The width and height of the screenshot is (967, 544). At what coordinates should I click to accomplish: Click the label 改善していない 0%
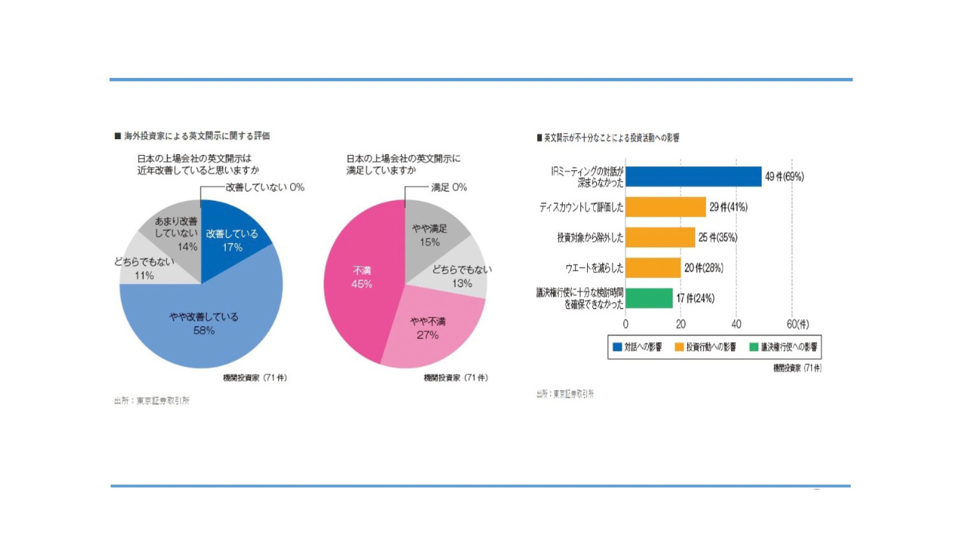tap(264, 187)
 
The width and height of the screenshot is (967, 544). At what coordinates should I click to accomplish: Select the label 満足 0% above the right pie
tap(449, 187)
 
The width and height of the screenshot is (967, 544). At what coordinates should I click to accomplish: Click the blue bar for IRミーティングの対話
tap(694, 177)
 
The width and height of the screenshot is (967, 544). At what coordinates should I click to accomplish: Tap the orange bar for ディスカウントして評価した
tap(666, 207)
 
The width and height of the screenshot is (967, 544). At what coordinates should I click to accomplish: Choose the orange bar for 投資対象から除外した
tap(660, 237)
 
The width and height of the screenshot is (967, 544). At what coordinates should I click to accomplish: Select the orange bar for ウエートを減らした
tap(653, 267)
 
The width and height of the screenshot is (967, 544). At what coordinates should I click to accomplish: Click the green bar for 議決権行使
tap(649, 298)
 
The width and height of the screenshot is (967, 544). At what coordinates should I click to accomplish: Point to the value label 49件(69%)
tap(784, 177)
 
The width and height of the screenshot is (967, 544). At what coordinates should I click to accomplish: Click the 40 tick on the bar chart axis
tap(736, 323)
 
